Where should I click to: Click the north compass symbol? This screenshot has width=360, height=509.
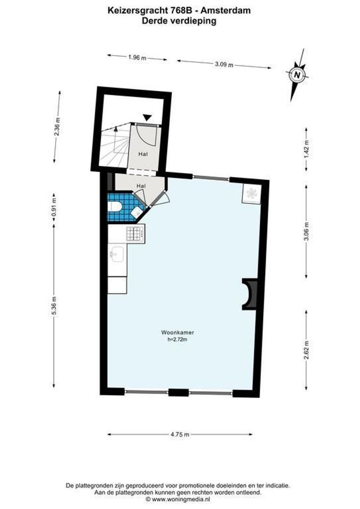(296, 74)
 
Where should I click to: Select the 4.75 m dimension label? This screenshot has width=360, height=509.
(180, 434)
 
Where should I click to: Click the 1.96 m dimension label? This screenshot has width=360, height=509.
(137, 57)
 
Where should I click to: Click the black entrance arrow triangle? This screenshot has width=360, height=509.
(147, 117)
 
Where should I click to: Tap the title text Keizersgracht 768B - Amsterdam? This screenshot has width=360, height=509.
(180, 10)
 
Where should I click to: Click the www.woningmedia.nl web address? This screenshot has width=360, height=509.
(180, 498)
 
